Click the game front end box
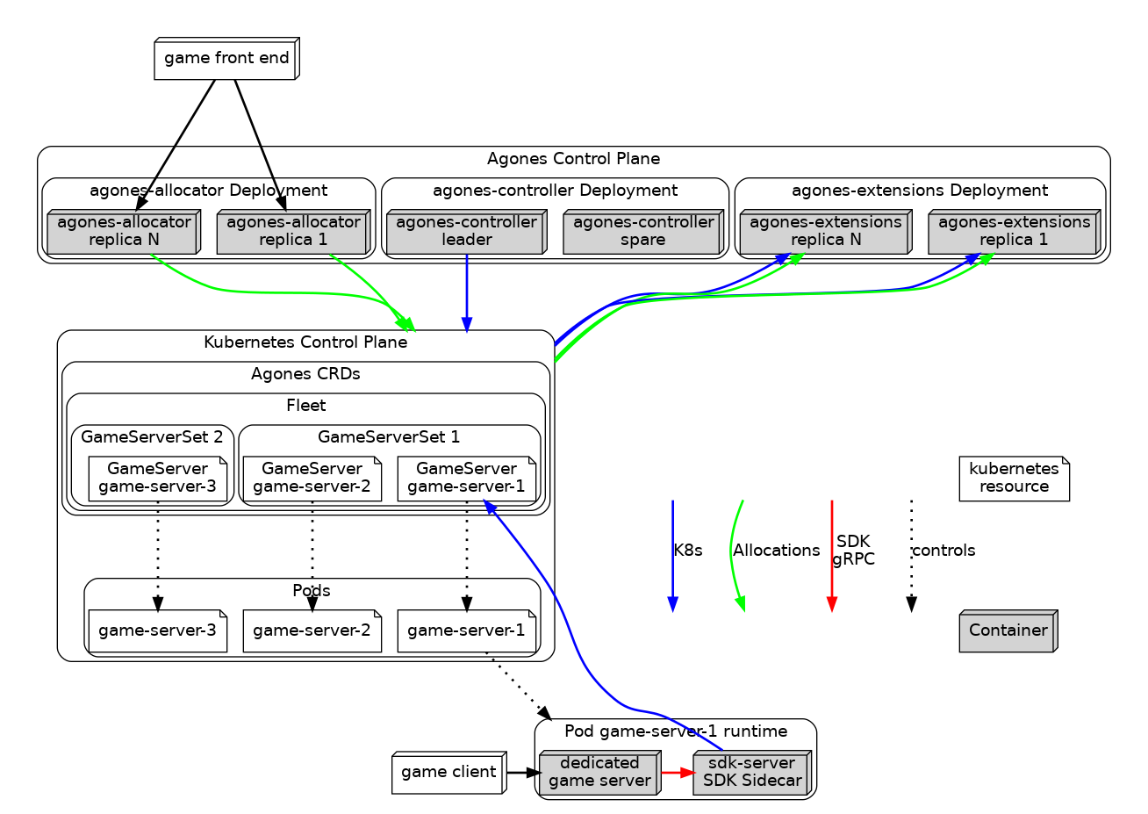226,59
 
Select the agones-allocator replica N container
124,232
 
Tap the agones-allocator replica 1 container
293,232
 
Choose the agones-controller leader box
466,232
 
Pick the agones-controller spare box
642,232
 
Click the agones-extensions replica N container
825,232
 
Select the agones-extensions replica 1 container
1014,232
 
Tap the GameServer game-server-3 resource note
158,479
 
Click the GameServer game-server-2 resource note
312,479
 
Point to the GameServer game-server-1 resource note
466,479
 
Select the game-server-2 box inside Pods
312,630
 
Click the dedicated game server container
599,773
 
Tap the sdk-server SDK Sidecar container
751,773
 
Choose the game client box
448,773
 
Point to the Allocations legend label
776,551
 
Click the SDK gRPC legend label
853,551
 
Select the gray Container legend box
1008,631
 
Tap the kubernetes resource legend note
1014,479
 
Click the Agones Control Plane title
573,159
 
